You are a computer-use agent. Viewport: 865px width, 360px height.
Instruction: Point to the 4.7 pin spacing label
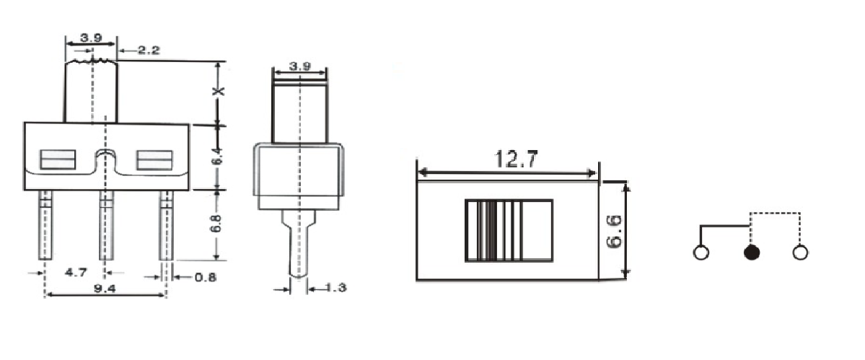76,273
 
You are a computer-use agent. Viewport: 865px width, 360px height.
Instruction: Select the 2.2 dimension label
147,50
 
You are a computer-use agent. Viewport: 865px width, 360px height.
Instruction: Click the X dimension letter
221,92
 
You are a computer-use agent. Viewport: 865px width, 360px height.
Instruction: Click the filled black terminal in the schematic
752,253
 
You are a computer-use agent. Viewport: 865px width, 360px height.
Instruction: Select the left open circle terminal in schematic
700,253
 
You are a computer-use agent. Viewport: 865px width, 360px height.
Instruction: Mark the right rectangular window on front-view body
154,159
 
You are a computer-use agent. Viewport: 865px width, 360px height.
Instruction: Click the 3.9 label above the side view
299,66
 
